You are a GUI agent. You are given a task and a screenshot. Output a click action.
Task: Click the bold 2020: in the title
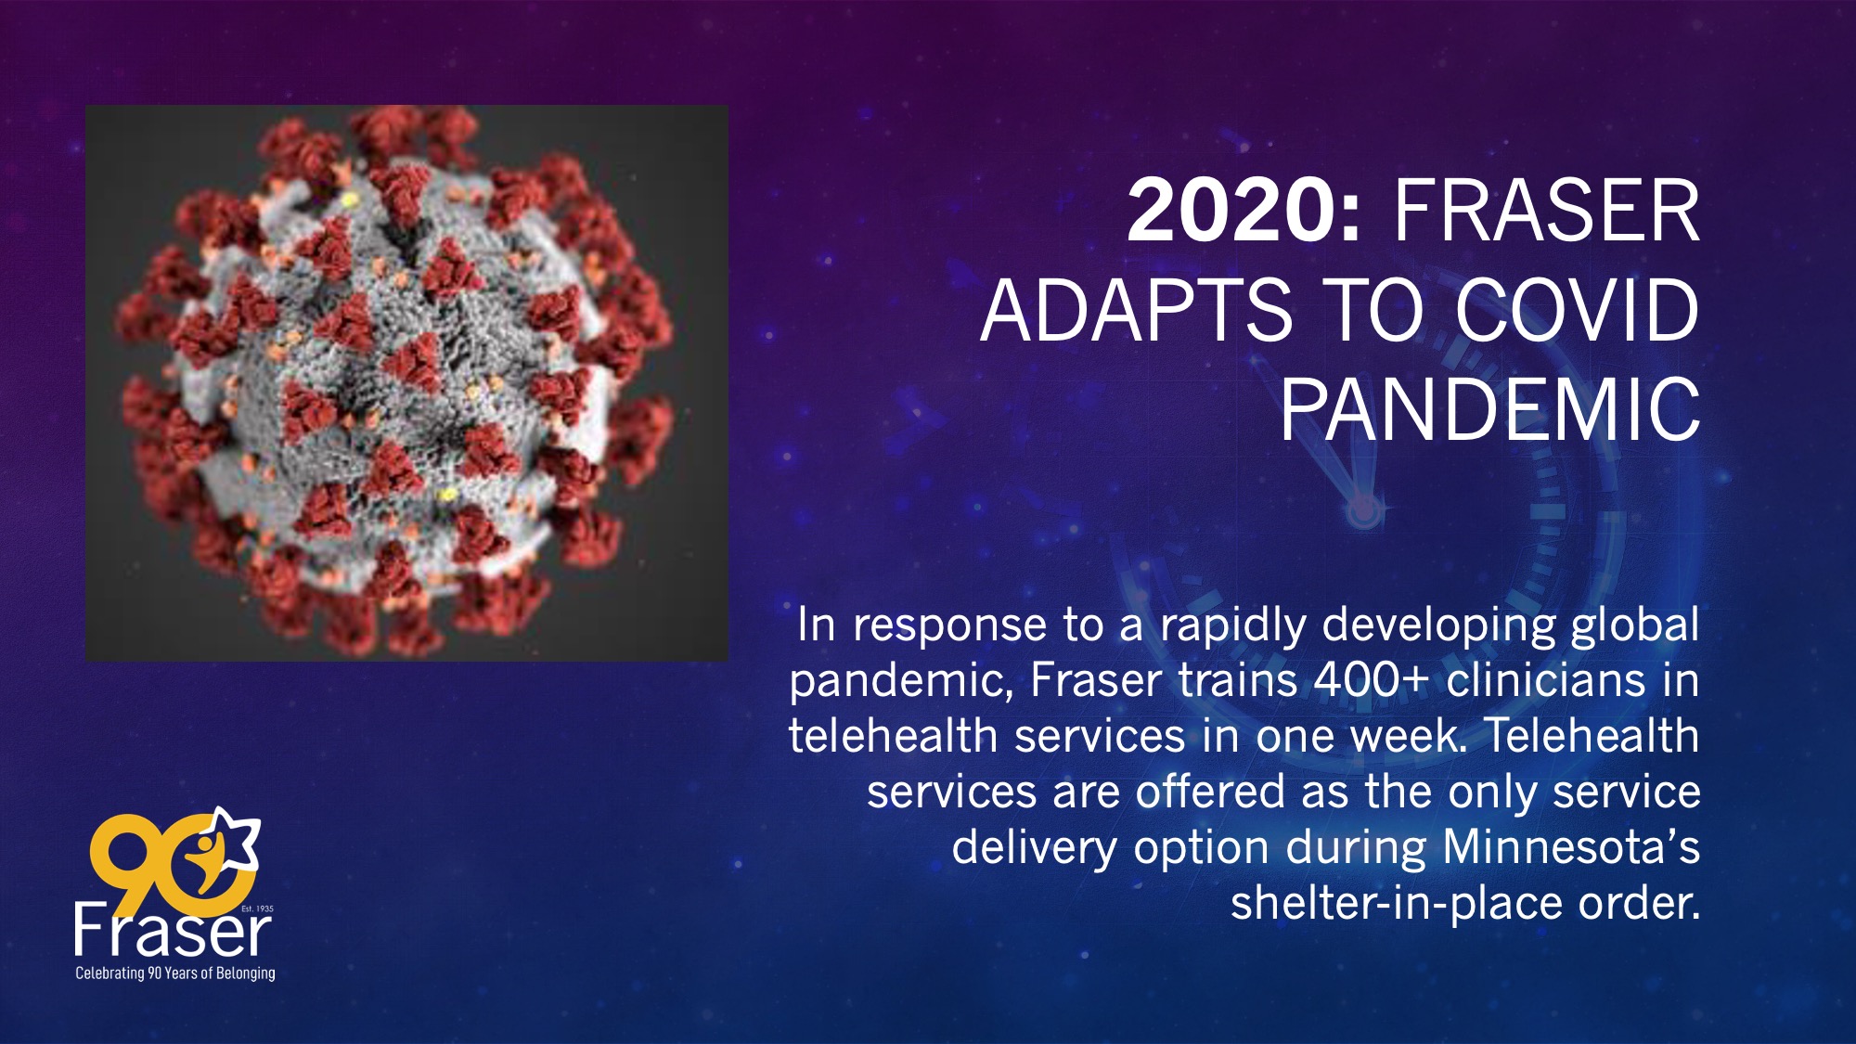coord(1244,211)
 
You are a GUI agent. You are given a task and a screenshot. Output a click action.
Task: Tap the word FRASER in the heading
coord(1546,211)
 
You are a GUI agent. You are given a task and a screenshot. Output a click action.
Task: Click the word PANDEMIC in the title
coord(1490,409)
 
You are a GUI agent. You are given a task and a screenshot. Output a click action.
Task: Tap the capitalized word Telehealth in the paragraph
coord(1592,735)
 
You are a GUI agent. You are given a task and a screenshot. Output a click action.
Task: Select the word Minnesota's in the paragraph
coord(1572,846)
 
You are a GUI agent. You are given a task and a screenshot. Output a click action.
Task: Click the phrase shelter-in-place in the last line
coord(1397,904)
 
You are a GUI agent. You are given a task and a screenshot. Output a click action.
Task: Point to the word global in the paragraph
coord(1635,625)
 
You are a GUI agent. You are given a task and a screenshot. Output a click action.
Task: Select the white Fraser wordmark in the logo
coord(173,930)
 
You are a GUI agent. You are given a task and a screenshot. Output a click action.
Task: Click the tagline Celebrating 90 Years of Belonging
coord(175,973)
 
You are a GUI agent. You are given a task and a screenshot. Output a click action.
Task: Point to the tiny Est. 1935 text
coord(257,909)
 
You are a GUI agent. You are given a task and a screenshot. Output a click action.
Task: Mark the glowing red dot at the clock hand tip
coord(1362,509)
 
